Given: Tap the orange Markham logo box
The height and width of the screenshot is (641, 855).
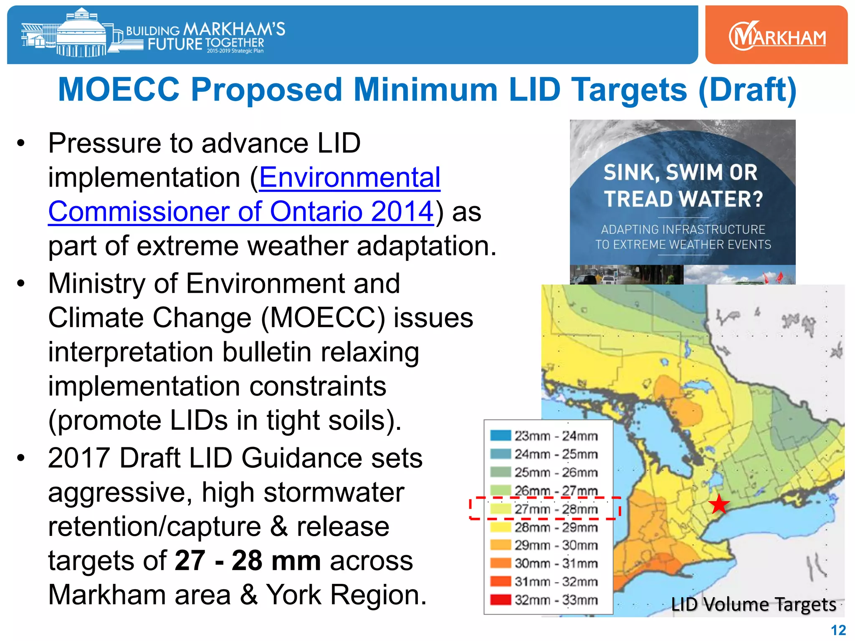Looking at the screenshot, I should [x=776, y=35].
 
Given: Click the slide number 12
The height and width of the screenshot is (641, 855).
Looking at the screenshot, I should [x=838, y=630].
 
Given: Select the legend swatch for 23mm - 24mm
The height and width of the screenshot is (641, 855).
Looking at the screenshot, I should [x=501, y=436].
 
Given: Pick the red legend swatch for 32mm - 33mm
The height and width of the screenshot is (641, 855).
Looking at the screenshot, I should [x=501, y=600].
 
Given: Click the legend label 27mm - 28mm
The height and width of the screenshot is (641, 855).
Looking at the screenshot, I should [x=556, y=509].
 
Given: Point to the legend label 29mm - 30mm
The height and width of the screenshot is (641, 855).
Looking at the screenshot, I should [x=556, y=545].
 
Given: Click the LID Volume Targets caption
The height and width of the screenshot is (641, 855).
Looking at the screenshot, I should [x=753, y=604].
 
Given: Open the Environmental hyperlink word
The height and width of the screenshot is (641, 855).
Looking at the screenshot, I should [x=349, y=177].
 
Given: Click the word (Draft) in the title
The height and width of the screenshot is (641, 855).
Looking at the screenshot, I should [x=747, y=90].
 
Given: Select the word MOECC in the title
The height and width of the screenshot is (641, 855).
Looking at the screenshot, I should [x=119, y=90].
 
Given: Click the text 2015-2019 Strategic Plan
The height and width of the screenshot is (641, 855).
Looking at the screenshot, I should [x=235, y=51].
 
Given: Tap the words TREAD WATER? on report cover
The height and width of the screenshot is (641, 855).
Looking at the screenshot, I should [x=683, y=199].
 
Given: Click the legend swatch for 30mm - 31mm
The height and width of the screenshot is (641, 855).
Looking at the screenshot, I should [x=501, y=563].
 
